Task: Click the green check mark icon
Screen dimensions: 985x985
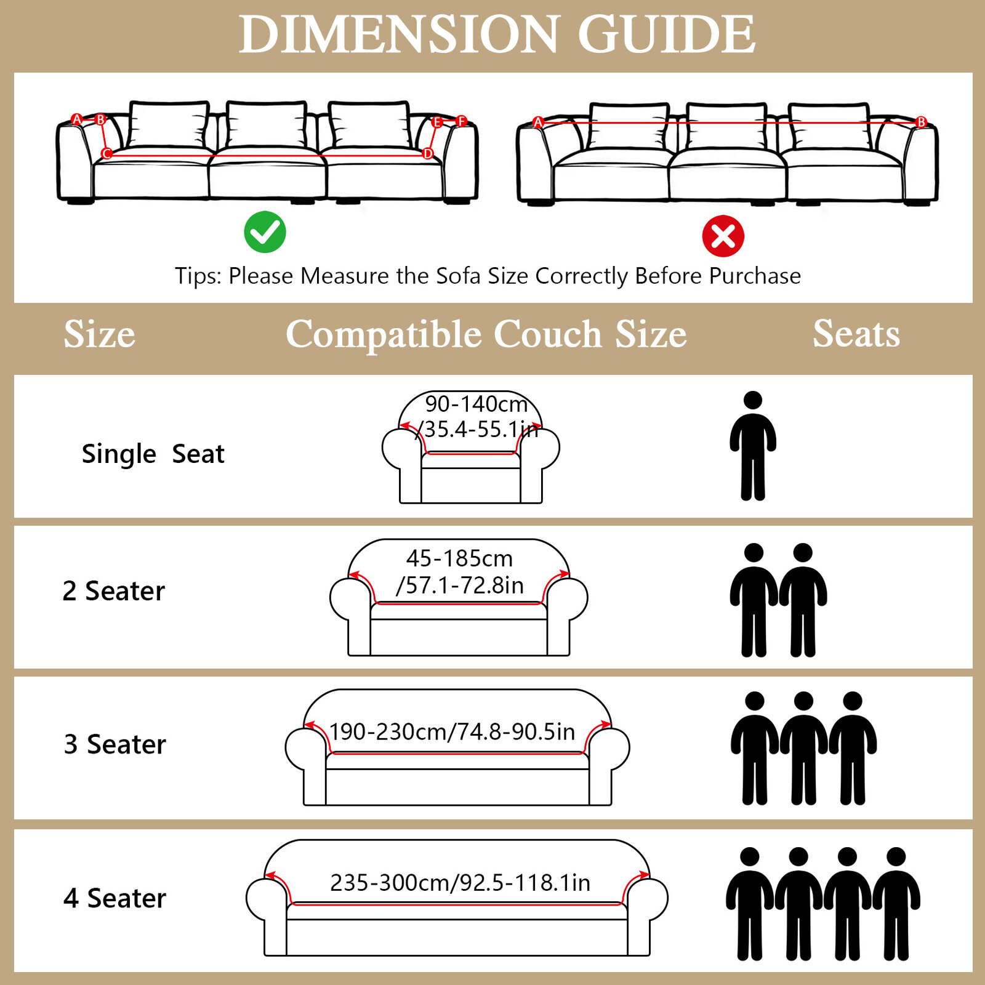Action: [265, 232]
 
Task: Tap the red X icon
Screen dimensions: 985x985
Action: [723, 236]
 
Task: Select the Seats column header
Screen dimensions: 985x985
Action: [856, 334]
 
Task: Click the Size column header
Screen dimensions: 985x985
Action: [99, 334]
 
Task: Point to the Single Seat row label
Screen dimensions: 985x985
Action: [153, 454]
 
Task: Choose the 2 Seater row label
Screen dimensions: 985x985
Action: [114, 591]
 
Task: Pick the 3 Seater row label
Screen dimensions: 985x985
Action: [115, 744]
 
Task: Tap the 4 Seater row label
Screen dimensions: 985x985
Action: [115, 898]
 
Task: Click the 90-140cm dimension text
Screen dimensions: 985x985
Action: [476, 404]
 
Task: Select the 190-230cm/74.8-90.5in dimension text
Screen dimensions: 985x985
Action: [452, 732]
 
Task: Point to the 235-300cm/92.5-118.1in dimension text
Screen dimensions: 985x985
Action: [460, 883]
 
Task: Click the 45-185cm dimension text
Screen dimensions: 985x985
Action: [459, 558]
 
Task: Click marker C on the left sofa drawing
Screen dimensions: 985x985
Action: [107, 153]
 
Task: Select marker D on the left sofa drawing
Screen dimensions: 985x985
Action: [428, 153]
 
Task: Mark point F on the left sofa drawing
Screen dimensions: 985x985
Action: [462, 121]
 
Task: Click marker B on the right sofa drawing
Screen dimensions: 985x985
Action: [921, 122]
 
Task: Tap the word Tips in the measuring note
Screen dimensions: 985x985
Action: [196, 276]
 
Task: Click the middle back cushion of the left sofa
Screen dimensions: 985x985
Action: [267, 124]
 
